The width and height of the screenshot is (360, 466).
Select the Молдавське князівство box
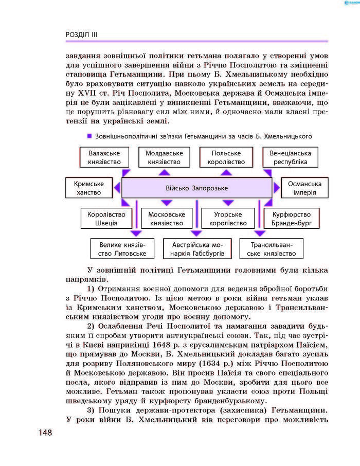(x=164, y=157)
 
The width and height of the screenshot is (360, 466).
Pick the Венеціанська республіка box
(x=290, y=157)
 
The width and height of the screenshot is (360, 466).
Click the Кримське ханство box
(x=88, y=188)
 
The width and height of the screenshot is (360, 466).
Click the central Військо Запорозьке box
(x=196, y=188)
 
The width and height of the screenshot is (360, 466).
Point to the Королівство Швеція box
(x=106, y=219)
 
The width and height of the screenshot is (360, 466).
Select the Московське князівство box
(x=166, y=219)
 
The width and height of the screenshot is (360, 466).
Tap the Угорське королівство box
(x=227, y=219)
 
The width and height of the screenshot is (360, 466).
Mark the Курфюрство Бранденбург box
(x=291, y=219)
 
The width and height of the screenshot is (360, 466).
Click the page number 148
(x=45, y=433)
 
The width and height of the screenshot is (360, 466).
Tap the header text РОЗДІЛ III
(x=81, y=34)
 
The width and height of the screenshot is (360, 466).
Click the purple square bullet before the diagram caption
(x=89, y=136)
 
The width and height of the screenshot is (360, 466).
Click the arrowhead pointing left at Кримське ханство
(x=117, y=188)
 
